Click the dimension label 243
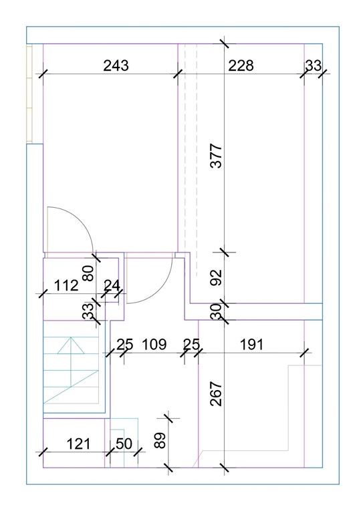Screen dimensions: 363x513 116,65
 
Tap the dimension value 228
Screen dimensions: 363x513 241,65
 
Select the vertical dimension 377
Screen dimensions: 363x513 216,156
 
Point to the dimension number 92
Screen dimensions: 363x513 216,277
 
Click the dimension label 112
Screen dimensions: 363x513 66,285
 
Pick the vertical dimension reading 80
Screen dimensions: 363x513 88,273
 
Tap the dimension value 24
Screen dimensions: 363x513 112,286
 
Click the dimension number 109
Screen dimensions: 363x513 154,344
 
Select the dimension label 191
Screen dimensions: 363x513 251,344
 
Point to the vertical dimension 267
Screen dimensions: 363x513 216,393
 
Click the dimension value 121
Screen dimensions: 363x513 78,444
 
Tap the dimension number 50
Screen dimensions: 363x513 124,444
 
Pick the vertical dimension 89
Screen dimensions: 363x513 160,440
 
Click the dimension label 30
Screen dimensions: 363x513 216,312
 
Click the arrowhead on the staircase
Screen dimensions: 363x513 71,345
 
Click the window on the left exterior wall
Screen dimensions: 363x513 29,94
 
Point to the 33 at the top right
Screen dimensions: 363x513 314,65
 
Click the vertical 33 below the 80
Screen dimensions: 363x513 88,311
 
